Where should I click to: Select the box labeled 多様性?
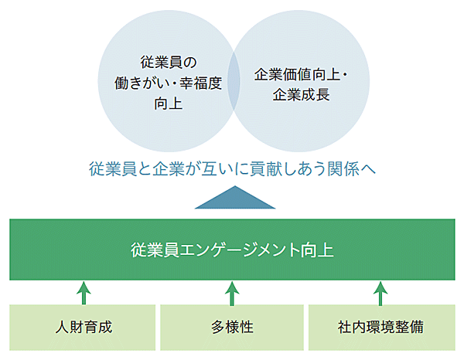point(232,325)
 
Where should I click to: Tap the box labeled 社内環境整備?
point(380,325)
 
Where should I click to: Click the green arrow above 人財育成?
point(84,292)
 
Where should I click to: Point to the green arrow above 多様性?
point(232,292)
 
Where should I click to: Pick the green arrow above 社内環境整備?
point(380,292)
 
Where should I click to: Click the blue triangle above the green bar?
point(234,198)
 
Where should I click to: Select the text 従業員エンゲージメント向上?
point(233,250)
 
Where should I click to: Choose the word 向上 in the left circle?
point(170,101)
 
